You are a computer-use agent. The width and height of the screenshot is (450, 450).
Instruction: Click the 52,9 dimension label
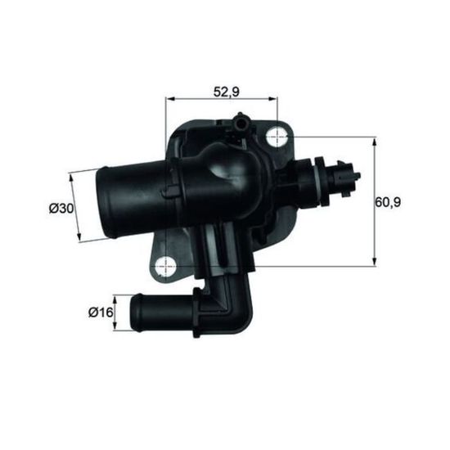tap(226, 92)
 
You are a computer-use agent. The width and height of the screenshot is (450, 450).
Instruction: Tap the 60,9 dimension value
tap(388, 202)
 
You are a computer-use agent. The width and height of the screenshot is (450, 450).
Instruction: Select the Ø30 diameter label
tap(61, 209)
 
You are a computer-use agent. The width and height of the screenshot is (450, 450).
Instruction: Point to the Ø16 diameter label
tap(101, 313)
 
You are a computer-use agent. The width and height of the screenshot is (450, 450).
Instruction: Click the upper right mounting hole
tap(277, 137)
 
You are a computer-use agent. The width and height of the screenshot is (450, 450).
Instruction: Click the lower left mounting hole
tap(165, 267)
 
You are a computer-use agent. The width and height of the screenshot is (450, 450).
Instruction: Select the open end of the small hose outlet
tap(136, 313)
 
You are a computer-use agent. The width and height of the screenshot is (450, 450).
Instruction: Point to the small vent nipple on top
tap(241, 123)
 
